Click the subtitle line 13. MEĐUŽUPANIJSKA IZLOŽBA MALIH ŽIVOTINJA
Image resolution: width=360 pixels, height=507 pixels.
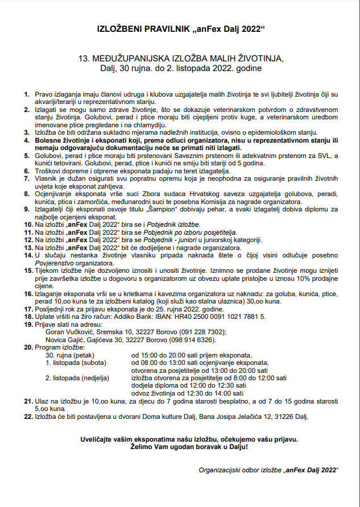point(180,59)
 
